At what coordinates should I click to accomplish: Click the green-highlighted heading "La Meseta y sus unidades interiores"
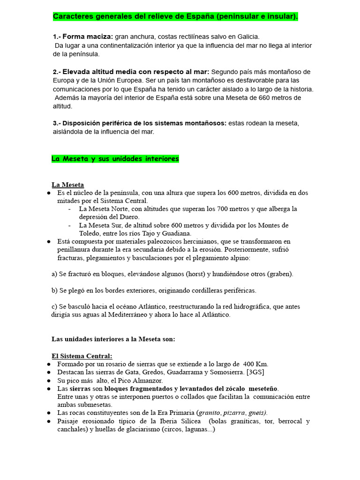click(115, 159)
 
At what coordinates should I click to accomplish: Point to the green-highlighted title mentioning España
click(175, 17)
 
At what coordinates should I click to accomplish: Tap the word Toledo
click(90, 233)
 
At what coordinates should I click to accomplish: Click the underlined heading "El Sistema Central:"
click(82, 356)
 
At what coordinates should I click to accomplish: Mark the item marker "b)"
click(54, 290)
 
